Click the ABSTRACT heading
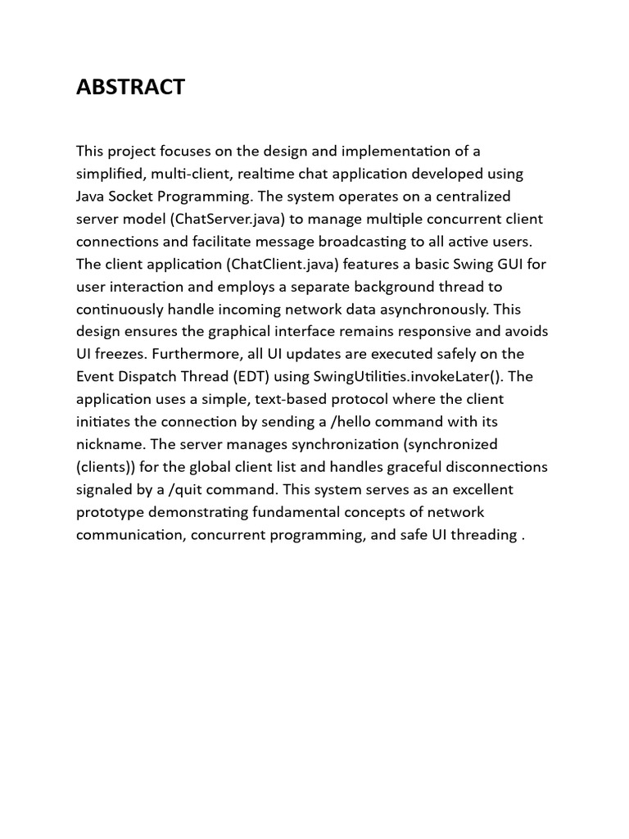click(131, 88)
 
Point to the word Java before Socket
click(91, 197)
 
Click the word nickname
click(108, 445)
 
